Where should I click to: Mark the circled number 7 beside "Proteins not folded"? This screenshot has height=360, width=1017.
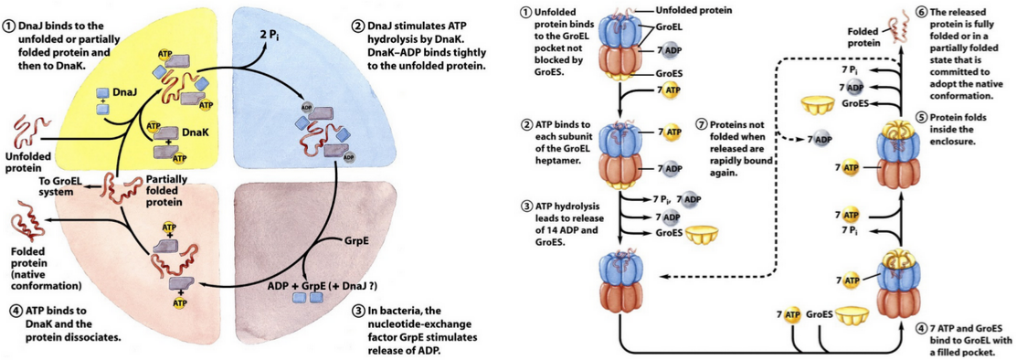tap(701, 123)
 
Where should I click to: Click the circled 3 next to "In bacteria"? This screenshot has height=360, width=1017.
tap(358, 311)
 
